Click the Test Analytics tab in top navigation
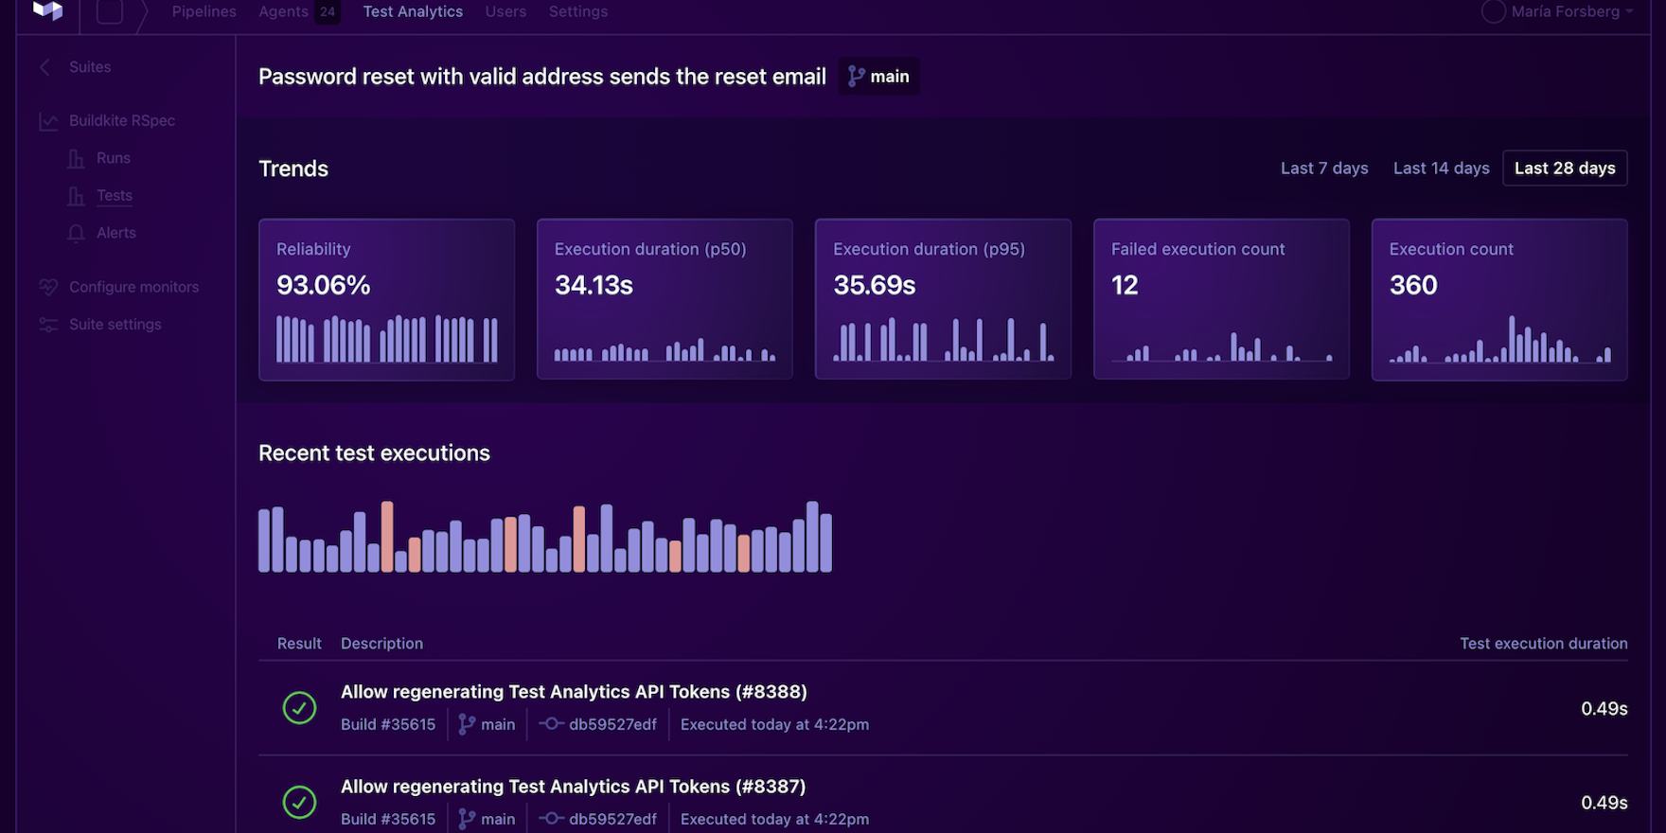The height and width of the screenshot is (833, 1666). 413,12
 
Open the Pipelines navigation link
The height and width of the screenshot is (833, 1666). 204,12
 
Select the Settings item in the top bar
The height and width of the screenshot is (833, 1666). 577,12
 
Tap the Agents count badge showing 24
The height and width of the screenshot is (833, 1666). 328,12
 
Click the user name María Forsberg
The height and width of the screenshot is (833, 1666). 1565,12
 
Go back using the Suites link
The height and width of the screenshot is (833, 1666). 89,67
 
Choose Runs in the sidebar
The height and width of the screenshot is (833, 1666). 113,158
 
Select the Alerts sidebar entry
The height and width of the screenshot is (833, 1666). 115,233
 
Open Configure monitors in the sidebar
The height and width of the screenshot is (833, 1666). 133,287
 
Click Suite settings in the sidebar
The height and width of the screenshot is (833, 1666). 115,325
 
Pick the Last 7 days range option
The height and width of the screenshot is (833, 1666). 1323,168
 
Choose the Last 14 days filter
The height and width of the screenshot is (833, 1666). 1441,168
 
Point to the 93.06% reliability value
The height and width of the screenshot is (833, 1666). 323,285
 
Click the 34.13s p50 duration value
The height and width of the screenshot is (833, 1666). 594,285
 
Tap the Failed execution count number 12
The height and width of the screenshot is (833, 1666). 1125,285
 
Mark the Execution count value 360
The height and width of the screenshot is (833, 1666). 1413,285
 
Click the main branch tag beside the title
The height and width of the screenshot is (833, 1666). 878,77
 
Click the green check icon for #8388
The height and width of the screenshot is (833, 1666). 299,708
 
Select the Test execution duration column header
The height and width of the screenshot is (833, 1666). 1543,644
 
